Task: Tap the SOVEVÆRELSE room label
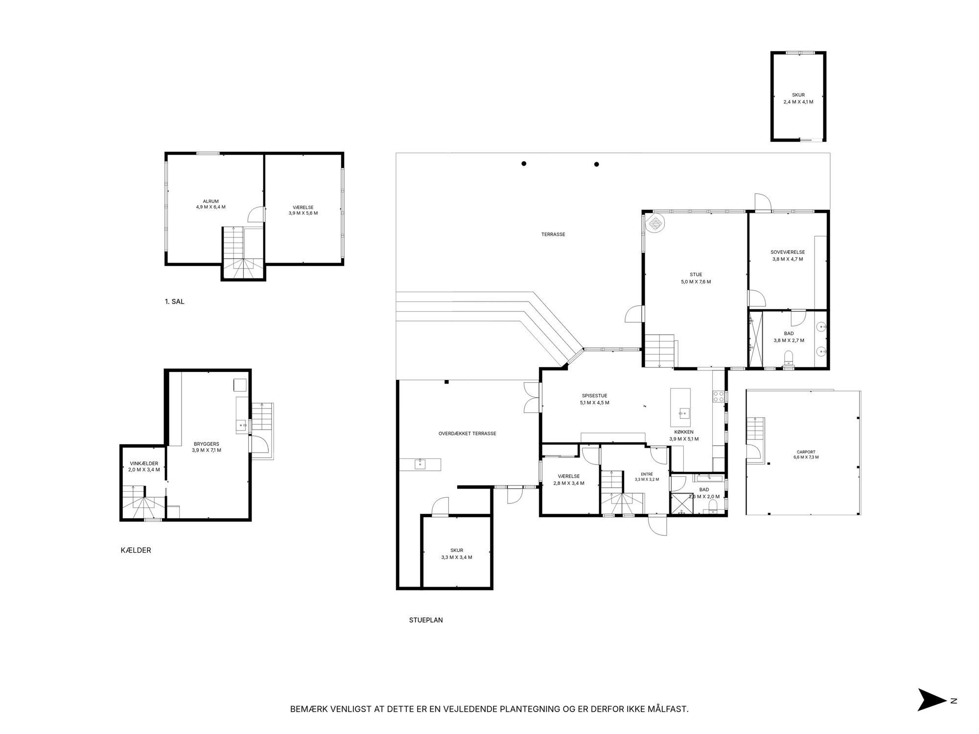click(787, 252)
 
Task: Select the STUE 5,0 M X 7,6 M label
click(695, 278)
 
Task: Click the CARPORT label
click(806, 452)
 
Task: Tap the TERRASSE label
click(553, 234)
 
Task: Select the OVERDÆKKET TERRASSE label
click(467, 434)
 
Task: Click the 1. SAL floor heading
click(175, 302)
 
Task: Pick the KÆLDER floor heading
click(136, 550)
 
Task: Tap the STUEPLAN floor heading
click(426, 620)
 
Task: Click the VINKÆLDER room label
click(144, 463)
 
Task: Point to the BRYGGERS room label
click(207, 444)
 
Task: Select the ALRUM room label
click(210, 201)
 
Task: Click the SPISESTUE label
click(594, 396)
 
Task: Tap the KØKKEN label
click(684, 432)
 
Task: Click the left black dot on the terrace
click(524, 163)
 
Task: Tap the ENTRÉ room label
click(647, 474)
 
